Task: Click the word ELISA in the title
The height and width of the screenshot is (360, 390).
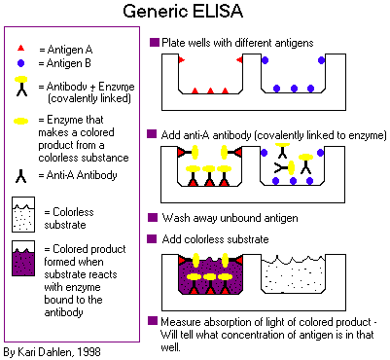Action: click(217, 11)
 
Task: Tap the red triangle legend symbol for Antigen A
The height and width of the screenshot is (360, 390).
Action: click(20, 49)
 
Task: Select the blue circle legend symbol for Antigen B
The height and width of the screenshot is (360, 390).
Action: click(20, 63)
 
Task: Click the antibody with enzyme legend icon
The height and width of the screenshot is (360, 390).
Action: click(21, 87)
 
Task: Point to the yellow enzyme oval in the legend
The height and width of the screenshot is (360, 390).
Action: click(20, 122)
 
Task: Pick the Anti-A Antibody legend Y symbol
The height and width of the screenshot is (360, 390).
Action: click(21, 176)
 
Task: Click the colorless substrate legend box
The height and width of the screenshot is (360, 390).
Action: click(23, 214)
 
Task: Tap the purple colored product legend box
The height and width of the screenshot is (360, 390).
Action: click(23, 259)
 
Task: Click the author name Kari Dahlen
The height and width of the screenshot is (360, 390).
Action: click(49, 352)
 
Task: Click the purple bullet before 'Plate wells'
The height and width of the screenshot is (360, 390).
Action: click(155, 43)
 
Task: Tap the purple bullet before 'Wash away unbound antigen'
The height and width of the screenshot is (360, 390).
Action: click(153, 217)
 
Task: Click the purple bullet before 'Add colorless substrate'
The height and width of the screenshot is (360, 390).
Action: click(152, 238)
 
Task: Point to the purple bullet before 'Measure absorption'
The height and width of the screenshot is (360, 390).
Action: click(153, 321)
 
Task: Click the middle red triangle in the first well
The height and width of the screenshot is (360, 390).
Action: click(210, 90)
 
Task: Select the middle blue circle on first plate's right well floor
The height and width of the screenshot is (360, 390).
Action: click(294, 89)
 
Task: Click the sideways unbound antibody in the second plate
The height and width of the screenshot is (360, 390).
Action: click(285, 168)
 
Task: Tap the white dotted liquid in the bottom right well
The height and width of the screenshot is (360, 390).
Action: click(293, 275)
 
